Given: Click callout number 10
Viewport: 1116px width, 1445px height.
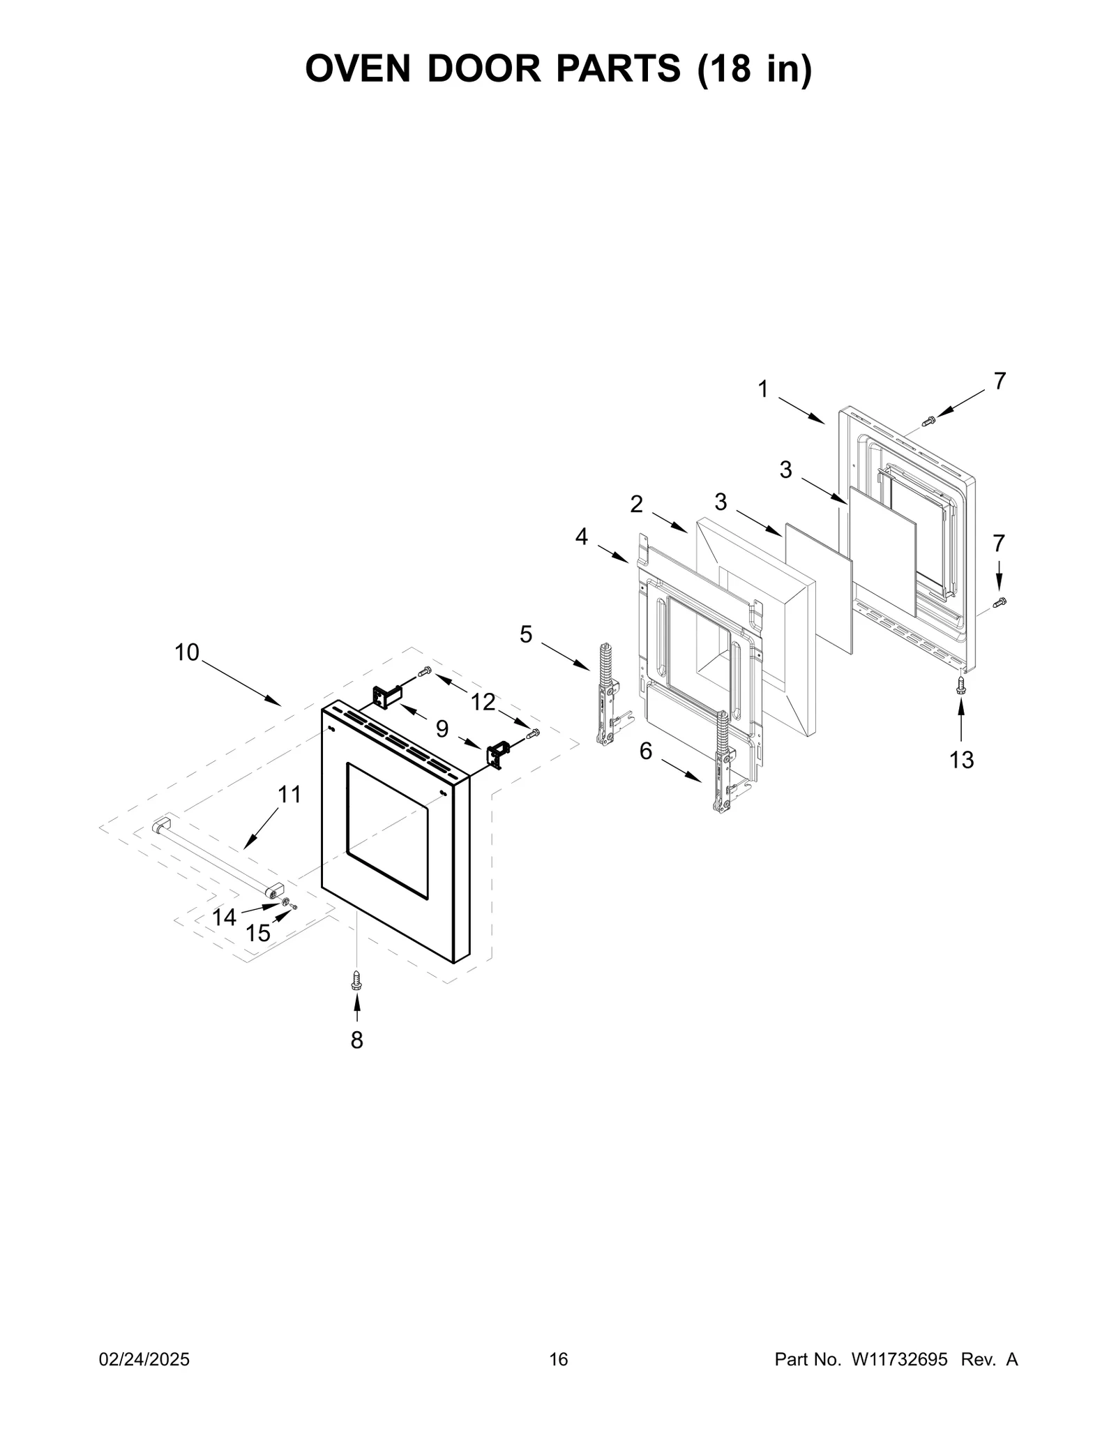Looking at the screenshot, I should coord(187,653).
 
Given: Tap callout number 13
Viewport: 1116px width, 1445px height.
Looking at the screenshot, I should coord(961,760).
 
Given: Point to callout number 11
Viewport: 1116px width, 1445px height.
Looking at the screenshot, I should coord(289,794).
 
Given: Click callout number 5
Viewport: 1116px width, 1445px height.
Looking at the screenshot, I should coord(526,634).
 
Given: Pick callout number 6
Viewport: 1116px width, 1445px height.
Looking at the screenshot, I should coord(646,751).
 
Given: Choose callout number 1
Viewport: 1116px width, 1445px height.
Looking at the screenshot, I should coord(763,389).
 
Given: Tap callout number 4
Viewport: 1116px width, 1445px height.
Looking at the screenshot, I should coord(582,537).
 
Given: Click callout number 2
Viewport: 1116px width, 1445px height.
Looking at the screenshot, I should coord(636,504).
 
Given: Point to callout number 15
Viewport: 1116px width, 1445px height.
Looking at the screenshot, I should coord(258,933).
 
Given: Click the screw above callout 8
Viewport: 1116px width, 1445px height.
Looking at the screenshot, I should coord(356,981).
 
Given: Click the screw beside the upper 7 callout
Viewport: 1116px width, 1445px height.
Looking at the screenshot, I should coord(928,421).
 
